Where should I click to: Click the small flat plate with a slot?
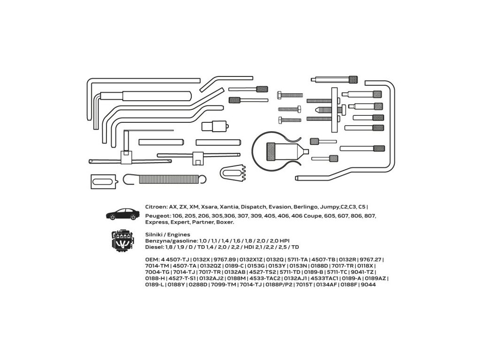click(102, 181)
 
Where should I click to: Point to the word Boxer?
click(224, 223)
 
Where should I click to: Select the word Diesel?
click(154, 247)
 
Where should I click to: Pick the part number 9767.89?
click(225, 259)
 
